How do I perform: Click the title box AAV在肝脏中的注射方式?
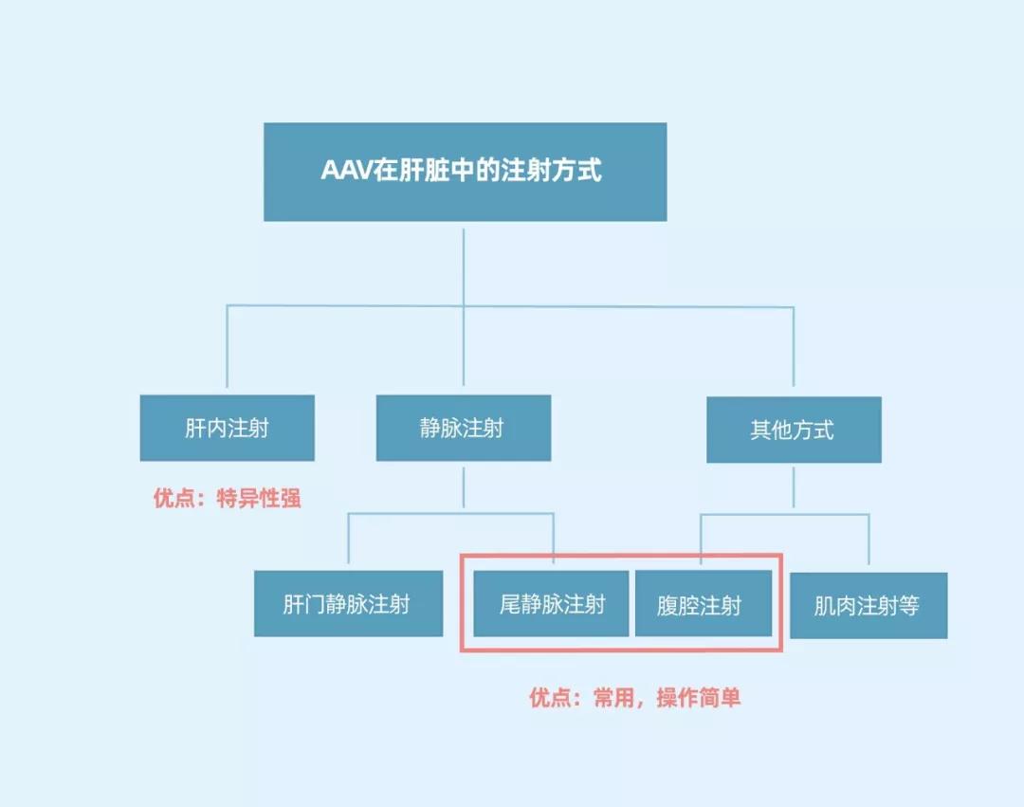[465, 172]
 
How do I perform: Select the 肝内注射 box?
[227, 428]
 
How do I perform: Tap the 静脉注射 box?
[463, 428]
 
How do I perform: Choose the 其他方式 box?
[793, 430]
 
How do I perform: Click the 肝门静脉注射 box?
[348, 604]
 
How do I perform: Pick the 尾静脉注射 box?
[551, 604]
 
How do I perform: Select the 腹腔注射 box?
[702, 604]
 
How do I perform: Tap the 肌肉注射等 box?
[868, 605]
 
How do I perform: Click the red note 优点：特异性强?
[228, 498]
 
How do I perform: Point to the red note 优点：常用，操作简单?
[635, 699]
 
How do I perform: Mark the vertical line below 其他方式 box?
[794, 487]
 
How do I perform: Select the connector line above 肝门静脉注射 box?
[348, 541]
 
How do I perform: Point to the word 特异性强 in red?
[259, 498]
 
